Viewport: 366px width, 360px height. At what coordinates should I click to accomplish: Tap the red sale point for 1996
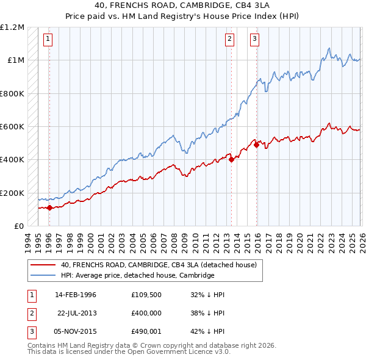(x=49, y=208)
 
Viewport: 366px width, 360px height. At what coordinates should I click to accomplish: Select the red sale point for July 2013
(x=232, y=160)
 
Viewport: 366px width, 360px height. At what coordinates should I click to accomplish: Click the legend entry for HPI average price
(x=137, y=275)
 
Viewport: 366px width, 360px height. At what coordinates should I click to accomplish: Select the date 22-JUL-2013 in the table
(x=77, y=313)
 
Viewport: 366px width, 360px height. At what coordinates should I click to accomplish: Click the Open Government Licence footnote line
(x=129, y=352)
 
